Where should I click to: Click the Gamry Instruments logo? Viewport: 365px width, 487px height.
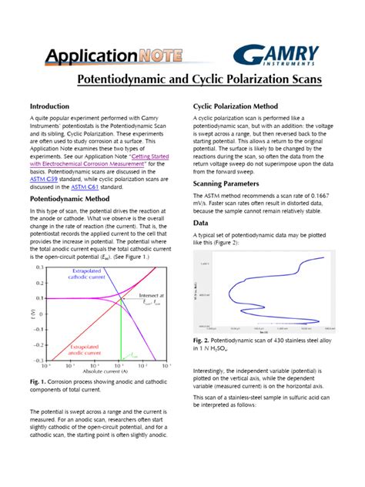[x=276, y=55]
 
